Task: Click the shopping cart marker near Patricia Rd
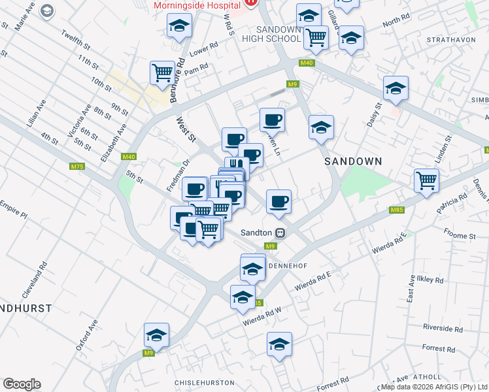tap(426, 180)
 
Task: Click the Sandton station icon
tap(280, 232)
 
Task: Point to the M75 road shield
tap(77, 167)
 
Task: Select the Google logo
tap(22, 384)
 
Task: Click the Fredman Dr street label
tap(177, 176)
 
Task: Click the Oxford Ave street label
tap(86, 335)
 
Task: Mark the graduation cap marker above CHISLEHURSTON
tap(278, 344)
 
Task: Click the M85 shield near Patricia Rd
tap(396, 210)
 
